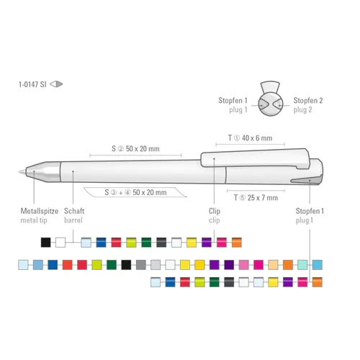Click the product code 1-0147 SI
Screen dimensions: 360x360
[x=32, y=84]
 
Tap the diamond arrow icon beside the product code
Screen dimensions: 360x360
[x=56, y=84]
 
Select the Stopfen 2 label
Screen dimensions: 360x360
[x=308, y=100]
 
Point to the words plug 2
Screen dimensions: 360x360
[x=302, y=109]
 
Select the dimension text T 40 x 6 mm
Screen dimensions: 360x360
[x=250, y=138]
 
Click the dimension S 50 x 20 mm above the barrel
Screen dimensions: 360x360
[x=135, y=148]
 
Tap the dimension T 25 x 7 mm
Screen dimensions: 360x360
[x=256, y=198]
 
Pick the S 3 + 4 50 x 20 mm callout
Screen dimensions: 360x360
[x=135, y=192]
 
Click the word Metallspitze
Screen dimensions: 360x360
[x=40, y=211]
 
